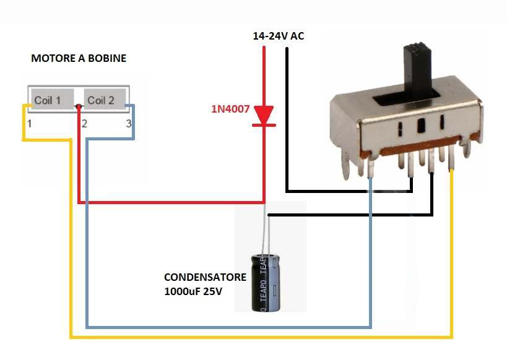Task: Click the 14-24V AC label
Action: [279, 36]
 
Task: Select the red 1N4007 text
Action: [230, 109]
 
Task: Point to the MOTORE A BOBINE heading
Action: [79, 59]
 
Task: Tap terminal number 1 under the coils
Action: [30, 124]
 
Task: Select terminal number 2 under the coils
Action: [84, 124]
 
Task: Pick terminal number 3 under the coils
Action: [128, 124]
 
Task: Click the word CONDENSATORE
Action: [205, 277]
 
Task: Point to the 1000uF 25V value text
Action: [193, 290]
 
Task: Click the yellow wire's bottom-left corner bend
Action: [71, 336]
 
